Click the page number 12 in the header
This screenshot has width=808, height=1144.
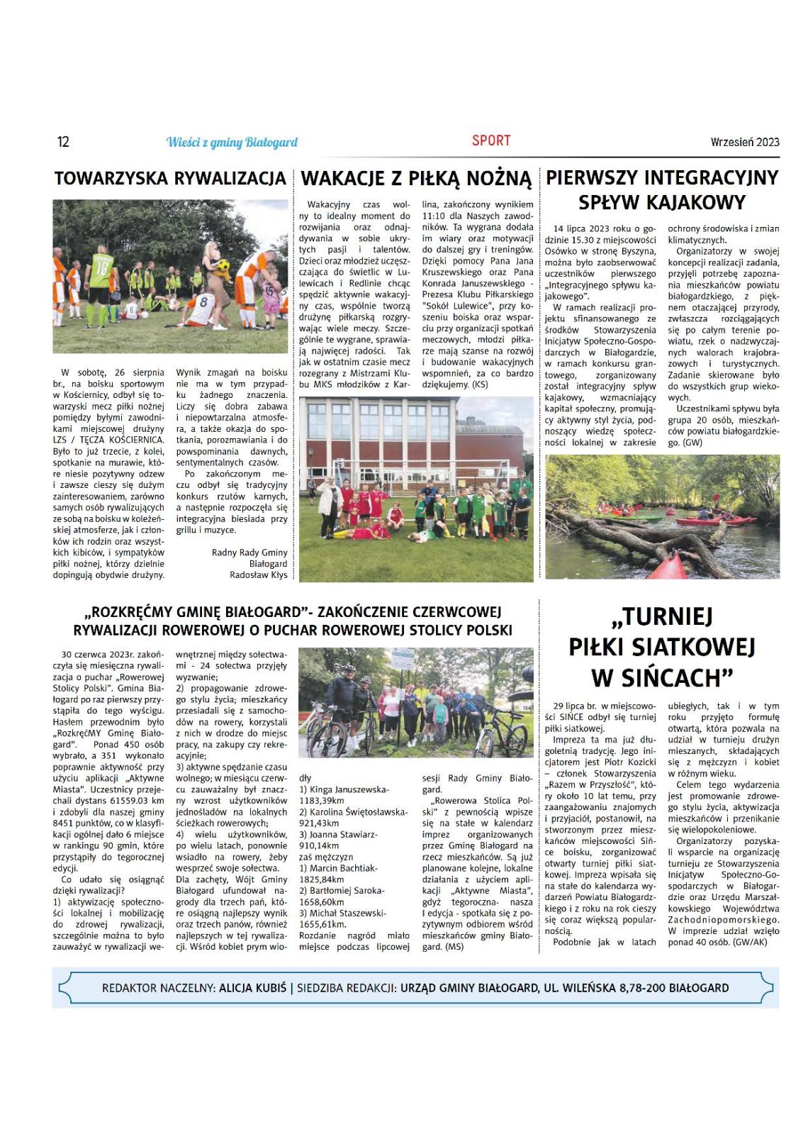(x=63, y=142)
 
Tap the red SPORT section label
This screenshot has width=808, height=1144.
(x=490, y=140)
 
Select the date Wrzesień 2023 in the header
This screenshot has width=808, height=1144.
(x=744, y=142)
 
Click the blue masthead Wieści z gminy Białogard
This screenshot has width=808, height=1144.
(x=232, y=143)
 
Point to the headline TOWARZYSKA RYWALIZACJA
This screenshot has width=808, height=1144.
(x=170, y=179)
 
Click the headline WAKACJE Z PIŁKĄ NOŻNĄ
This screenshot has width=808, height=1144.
(x=416, y=179)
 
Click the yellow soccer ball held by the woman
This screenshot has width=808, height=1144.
(x=223, y=265)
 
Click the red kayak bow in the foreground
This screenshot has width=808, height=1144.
(x=667, y=567)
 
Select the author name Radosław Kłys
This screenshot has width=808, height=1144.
(x=259, y=575)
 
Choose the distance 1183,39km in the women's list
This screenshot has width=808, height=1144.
(x=322, y=801)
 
